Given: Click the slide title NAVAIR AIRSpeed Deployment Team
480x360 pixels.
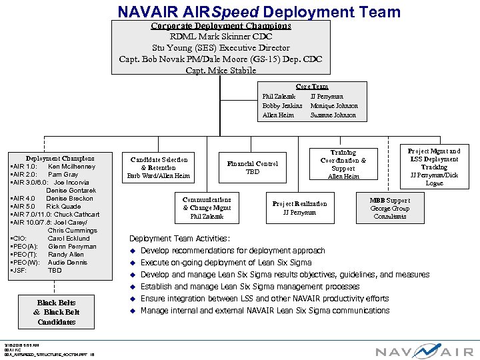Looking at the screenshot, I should [x=259, y=11].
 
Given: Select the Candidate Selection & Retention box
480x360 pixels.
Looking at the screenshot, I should [x=159, y=168].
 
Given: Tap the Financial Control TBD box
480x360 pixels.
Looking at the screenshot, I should [x=253, y=167].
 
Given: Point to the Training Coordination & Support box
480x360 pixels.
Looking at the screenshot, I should [x=343, y=165].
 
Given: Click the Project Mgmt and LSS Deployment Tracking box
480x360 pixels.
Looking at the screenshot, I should [x=434, y=167].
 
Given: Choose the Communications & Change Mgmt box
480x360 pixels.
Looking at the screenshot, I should [x=207, y=207].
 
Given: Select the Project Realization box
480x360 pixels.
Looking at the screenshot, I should [x=299, y=208].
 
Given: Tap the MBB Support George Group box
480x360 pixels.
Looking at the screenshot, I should [x=390, y=208].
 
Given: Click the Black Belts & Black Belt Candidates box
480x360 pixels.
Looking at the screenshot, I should [x=57, y=313].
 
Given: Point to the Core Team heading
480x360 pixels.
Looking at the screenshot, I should [x=312, y=87].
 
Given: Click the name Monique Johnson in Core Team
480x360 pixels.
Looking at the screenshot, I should [x=334, y=105].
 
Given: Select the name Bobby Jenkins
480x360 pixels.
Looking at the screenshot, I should [x=282, y=105].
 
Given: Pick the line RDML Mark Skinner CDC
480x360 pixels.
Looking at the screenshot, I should [x=221, y=37].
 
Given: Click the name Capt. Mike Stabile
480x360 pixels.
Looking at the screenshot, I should [x=221, y=70].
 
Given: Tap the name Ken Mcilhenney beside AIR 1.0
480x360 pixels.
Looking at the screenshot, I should [x=71, y=167].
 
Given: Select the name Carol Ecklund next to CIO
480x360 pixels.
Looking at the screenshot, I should [x=68, y=239].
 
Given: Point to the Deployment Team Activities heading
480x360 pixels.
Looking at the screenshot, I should [x=179, y=239].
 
